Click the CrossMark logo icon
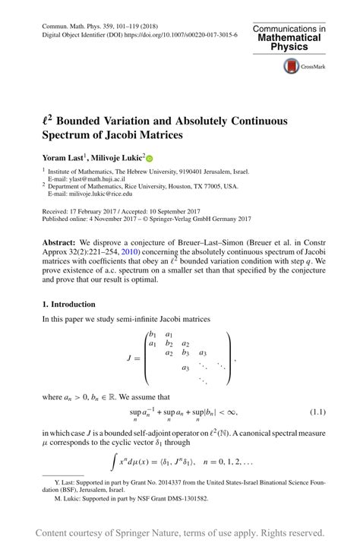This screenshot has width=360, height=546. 291,67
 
